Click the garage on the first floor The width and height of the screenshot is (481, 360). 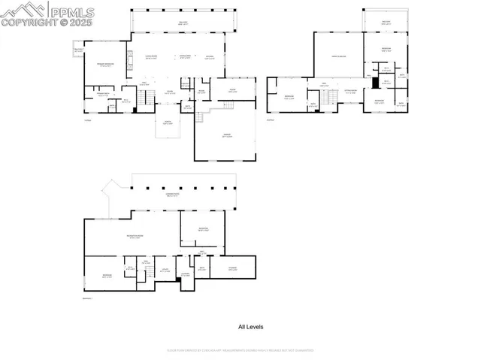tap(226, 136)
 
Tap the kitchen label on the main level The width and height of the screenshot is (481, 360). tap(210, 57)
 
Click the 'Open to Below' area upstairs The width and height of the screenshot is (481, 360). tap(338, 57)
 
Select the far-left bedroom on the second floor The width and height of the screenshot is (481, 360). tap(289, 98)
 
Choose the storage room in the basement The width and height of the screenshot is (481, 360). tap(233, 268)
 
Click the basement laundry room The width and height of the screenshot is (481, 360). tap(185, 275)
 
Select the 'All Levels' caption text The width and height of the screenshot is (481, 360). tap(250, 327)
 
